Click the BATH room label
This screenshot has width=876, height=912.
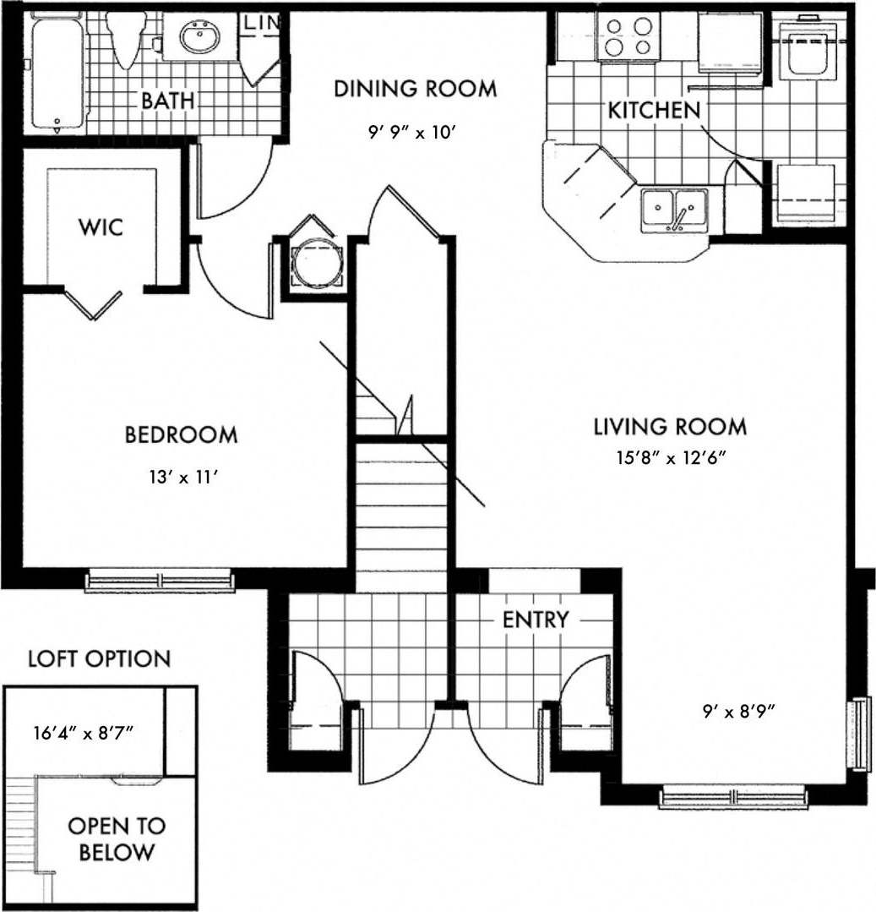coord(167,101)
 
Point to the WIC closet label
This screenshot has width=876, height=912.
coord(101,227)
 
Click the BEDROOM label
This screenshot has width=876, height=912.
coord(181,435)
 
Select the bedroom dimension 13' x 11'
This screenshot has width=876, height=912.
coord(182,478)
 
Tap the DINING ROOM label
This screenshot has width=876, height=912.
coord(415,88)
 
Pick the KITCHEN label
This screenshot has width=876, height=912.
coord(654,109)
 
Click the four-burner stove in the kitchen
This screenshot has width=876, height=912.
coord(627,35)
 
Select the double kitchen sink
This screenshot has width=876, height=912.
coord(673,209)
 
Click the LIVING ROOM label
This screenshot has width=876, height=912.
coord(669,426)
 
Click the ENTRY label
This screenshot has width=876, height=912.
coord(536,620)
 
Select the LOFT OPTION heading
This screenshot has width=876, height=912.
coord(99,658)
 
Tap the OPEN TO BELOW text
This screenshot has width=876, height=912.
coord(117,838)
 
